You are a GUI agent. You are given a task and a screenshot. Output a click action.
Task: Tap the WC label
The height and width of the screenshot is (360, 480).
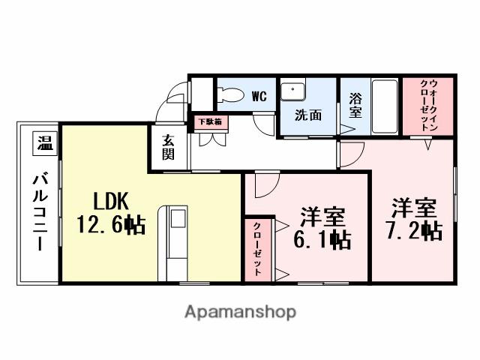pyautogui.click(x=259, y=96)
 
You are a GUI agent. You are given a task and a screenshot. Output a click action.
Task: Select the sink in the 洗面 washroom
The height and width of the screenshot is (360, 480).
pyautogui.click(x=291, y=91)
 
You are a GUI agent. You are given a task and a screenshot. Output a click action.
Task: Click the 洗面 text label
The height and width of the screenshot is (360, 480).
pyautogui.click(x=307, y=116)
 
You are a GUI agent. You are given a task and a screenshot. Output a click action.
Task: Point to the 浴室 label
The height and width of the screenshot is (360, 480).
pyautogui.click(x=355, y=106)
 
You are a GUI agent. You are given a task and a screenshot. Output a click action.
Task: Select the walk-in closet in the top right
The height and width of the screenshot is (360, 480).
pyautogui.click(x=429, y=106)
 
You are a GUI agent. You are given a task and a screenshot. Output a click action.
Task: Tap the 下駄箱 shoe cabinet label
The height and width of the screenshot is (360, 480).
pyautogui.click(x=208, y=121)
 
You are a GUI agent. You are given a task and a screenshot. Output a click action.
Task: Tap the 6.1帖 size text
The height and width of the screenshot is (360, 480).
pyautogui.click(x=322, y=240)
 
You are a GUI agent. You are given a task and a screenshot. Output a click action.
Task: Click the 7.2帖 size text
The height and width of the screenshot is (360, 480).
pyautogui.click(x=412, y=230)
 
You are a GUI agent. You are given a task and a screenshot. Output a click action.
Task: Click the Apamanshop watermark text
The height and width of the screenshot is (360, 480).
pyautogui.click(x=240, y=311)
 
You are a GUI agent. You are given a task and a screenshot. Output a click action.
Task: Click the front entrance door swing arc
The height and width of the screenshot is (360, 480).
pyautogui.click(x=177, y=98)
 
